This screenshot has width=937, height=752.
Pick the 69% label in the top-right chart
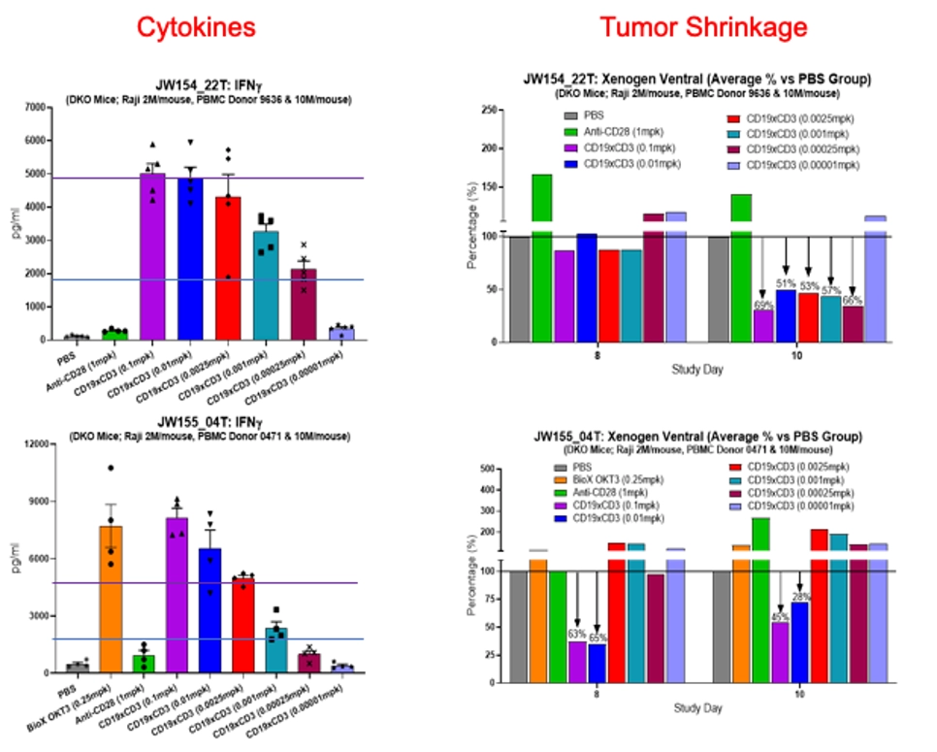tap(765, 306)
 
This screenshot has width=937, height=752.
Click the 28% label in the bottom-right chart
tap(799, 597)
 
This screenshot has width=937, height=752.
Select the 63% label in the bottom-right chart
tap(577, 635)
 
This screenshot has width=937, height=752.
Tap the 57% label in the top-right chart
tap(831, 290)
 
